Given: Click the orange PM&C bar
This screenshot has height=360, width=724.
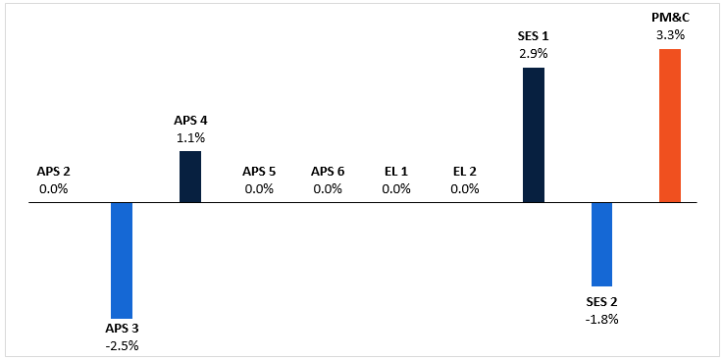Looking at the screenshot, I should point(670,126).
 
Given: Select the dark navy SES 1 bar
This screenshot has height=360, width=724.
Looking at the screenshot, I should point(533,135).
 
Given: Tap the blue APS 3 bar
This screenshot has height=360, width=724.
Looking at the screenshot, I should point(122,260).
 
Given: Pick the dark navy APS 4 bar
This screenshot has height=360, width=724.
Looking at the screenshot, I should point(190,177).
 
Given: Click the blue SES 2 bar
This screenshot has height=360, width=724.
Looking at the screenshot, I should point(601,244).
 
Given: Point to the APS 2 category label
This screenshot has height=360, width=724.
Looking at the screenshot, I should point(53,172).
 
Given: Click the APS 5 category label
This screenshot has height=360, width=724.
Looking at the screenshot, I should point(259,172).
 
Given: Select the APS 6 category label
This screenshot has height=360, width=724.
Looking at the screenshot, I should point(328,172).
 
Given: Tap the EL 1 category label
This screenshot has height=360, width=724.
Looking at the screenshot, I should point(396,172).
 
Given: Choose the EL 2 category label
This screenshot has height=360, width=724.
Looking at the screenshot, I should point(465,172).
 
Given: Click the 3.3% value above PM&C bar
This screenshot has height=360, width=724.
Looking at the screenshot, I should point(670,34).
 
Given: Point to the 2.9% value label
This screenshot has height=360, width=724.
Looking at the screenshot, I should point(533,54).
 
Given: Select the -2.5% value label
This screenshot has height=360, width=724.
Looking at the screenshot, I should point(122,344).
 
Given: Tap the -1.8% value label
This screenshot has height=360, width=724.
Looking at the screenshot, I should point(601,319).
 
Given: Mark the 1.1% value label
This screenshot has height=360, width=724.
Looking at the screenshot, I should point(190,137).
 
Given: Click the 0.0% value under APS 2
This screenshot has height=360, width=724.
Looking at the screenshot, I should point(53,188).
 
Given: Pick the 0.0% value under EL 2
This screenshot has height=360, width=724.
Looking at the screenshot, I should point(465,188).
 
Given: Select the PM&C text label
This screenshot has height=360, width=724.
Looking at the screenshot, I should point(670,18).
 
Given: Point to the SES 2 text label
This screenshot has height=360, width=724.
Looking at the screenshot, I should point(601,302).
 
